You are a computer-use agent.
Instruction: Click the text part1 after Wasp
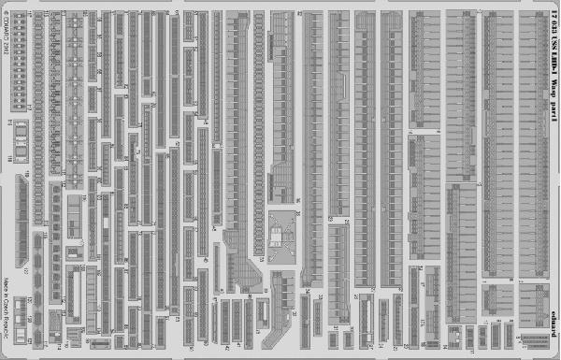point(554,116)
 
